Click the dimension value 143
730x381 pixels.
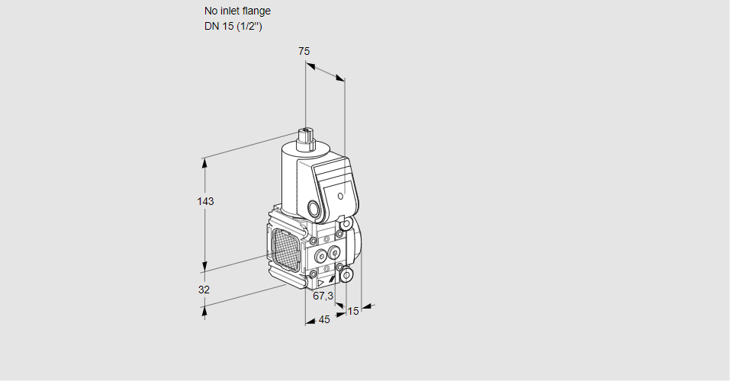205,202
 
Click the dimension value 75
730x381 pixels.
304,51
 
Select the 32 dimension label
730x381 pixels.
204,290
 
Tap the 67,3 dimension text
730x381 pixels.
323,296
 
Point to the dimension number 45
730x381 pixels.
324,320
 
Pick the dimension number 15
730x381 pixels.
352,311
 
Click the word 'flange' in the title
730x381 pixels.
256,11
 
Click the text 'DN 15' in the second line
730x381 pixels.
217,27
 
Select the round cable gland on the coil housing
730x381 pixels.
314,207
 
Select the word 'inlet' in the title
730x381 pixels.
231,11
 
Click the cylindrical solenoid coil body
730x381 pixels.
293,179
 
